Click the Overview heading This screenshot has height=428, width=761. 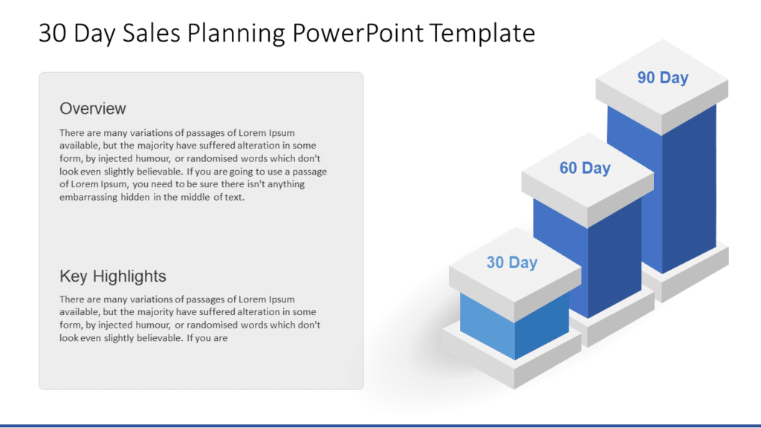pyautogui.click(x=93, y=108)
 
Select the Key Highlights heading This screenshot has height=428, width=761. pyautogui.click(x=113, y=276)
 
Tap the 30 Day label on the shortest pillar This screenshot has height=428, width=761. pyautogui.click(x=511, y=262)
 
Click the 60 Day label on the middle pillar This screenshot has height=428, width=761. pyautogui.click(x=585, y=168)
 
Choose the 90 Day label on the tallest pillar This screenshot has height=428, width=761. pyautogui.click(x=663, y=78)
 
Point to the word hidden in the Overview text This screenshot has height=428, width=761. pyautogui.click(x=135, y=198)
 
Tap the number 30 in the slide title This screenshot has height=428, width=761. pyautogui.click(x=53, y=33)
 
